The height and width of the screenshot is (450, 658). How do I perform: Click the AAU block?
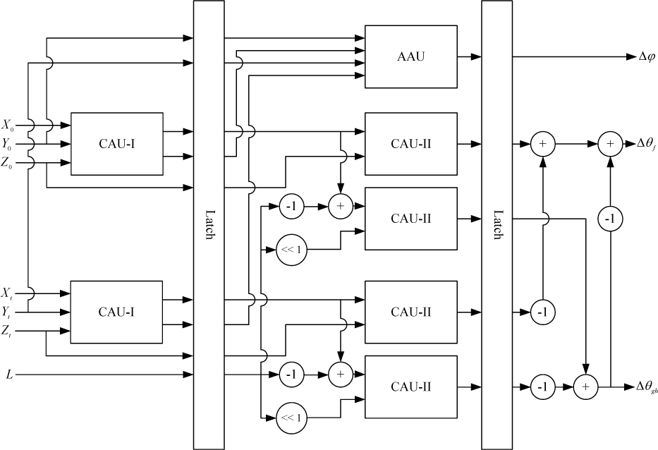411,56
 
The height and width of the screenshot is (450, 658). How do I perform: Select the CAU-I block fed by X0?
116,144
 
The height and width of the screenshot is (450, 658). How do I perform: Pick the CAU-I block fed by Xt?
116,312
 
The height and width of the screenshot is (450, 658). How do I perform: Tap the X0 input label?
8,125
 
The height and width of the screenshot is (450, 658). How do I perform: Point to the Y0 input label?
7,145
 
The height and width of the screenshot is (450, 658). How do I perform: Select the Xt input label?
7,293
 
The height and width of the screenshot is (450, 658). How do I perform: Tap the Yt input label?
7,312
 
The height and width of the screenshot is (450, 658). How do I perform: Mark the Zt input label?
7,332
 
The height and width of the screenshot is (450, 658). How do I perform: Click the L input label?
9,375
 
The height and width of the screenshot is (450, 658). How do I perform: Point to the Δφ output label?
647,56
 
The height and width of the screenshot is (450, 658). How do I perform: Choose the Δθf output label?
647,144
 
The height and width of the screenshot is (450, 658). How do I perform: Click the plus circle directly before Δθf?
610,144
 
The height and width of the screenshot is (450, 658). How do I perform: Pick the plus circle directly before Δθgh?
586,387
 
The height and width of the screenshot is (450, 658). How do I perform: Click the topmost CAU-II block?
411,144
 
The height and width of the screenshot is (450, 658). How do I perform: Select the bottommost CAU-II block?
411,387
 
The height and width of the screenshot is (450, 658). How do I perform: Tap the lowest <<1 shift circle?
291,418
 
